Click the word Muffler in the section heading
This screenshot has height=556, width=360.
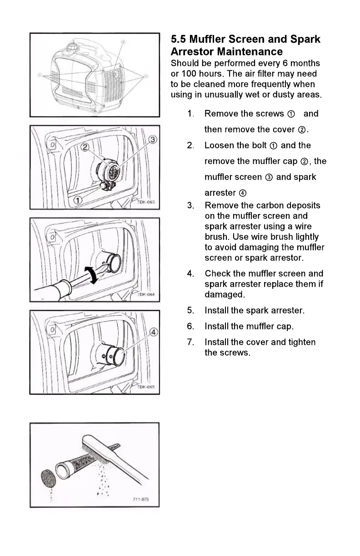click(x=210, y=40)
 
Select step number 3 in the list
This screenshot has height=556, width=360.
click(x=190, y=205)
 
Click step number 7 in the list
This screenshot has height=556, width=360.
click(x=190, y=342)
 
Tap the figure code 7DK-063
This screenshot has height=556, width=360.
click(x=146, y=202)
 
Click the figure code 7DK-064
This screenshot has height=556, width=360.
click(x=146, y=294)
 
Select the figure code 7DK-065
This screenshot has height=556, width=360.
click(x=146, y=387)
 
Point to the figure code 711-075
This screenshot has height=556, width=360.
click(x=141, y=500)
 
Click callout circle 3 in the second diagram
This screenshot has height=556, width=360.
click(x=153, y=139)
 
